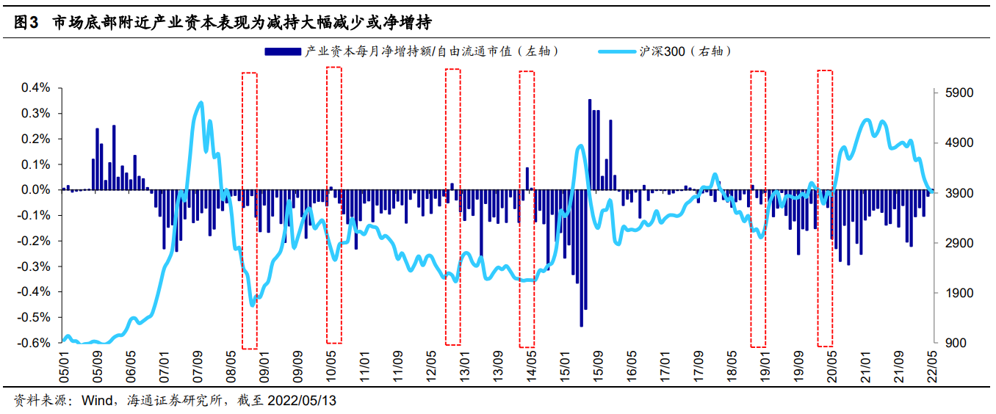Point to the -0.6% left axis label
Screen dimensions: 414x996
point(35,343)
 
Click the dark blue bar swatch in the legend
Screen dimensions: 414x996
point(282,51)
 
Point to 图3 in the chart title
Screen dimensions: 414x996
point(26,23)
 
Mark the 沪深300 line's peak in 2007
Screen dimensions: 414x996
point(201,103)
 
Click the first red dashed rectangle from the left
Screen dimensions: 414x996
point(250,210)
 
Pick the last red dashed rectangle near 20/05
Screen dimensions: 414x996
point(825,208)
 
